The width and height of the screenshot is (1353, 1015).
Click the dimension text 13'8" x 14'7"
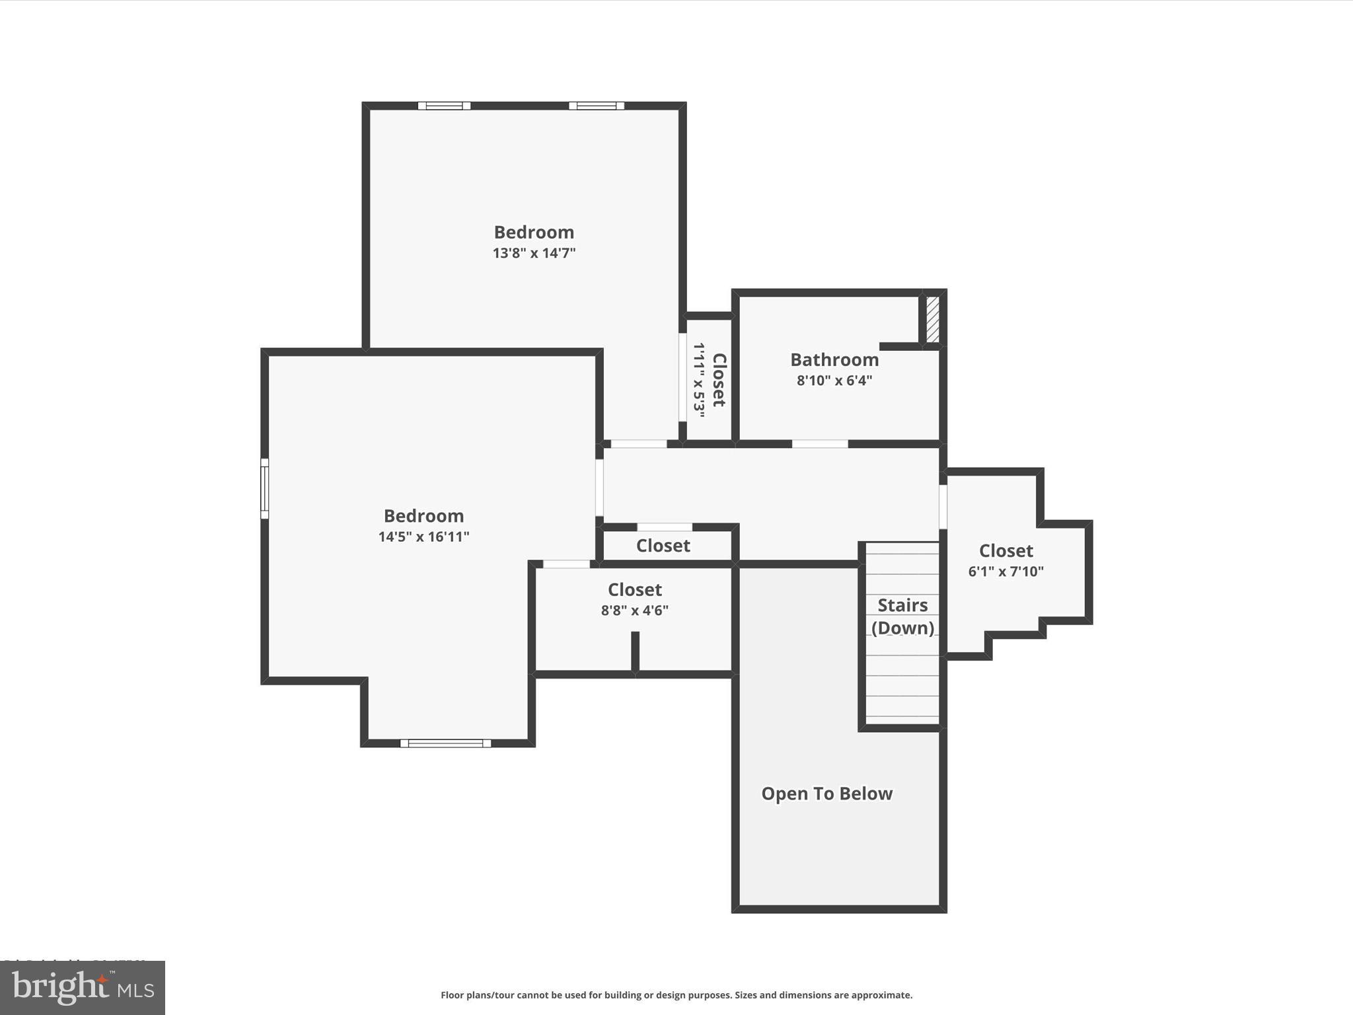coord(534,253)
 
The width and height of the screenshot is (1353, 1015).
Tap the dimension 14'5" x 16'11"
coord(423,537)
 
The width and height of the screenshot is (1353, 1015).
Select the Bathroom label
coord(834,359)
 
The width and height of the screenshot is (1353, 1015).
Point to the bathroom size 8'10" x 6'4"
coord(834,381)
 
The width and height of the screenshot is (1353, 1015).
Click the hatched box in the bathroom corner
coord(932,320)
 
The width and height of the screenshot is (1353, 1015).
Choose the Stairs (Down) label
coord(902,616)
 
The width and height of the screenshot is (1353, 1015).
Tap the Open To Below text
coord(826,794)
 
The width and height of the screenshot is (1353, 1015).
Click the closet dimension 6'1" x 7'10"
coord(1006,572)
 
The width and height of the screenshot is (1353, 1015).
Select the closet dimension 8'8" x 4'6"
coord(634,611)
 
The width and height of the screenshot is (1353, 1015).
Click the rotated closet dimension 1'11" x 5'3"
coord(699,380)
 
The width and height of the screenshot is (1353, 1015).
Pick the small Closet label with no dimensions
coord(663,546)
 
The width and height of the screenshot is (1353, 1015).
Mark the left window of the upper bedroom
coord(444,106)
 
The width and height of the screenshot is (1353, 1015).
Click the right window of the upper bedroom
coord(597,106)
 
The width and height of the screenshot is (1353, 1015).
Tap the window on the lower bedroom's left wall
coord(264,488)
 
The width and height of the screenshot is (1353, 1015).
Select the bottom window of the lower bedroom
coord(445,743)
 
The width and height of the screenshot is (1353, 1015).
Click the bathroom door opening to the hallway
coord(820,444)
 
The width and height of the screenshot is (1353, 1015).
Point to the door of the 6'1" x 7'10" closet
coord(943,507)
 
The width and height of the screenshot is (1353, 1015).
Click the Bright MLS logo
coord(83,988)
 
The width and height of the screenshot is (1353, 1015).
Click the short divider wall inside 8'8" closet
coord(635,652)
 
